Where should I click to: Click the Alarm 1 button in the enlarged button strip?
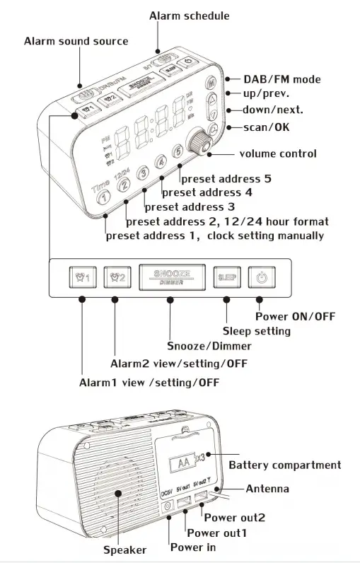pos(83,278)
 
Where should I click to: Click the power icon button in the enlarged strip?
pos(260,278)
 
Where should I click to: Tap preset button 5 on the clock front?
pos(179,151)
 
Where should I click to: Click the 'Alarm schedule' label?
pos(189,16)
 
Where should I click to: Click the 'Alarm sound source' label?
pos(76,41)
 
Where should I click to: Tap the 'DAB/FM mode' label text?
pos(281,79)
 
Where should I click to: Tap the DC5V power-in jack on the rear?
pos(168,506)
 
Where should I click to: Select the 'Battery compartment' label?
pos(284,465)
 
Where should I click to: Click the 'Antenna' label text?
pos(267,489)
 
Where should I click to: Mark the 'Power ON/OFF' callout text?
pos(295,315)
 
